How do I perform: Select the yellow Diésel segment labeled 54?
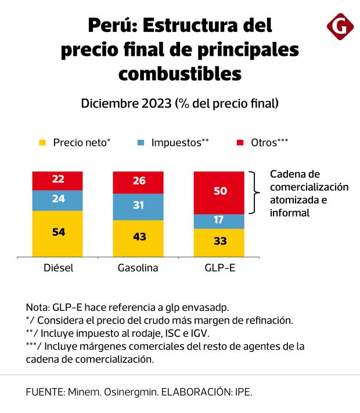pos(58,232)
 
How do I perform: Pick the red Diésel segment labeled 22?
pos(58,180)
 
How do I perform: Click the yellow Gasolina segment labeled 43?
pos(139,237)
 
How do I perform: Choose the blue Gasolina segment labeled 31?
pos(139,206)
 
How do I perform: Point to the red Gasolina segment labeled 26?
pos(139,182)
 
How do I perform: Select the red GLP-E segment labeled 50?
pos(219,192)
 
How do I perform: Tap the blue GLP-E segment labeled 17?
pos(219,221)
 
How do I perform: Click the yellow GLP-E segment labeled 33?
pos(219,241)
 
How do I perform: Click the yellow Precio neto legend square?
pos(42,142)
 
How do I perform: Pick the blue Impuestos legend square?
pos(141,142)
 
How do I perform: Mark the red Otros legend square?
pos(240,142)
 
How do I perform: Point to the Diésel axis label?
pos(58,268)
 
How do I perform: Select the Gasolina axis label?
pos(139,268)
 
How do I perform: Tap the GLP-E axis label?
pos(219,268)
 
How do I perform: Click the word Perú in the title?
pos(111,26)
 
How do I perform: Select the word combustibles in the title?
pos(179,74)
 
